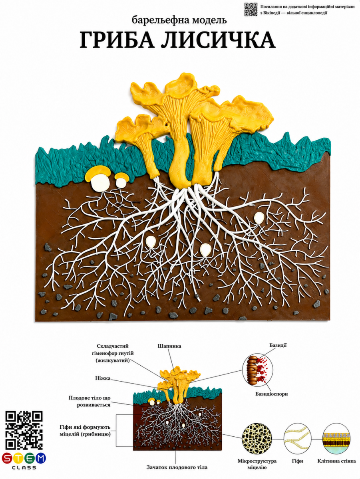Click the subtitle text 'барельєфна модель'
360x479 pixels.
point(179,20)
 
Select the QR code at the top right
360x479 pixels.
point(251,10)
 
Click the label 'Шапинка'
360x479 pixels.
point(169,346)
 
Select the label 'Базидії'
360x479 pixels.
point(278,345)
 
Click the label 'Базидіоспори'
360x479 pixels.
point(272,394)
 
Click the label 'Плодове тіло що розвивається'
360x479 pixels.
point(90,401)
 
